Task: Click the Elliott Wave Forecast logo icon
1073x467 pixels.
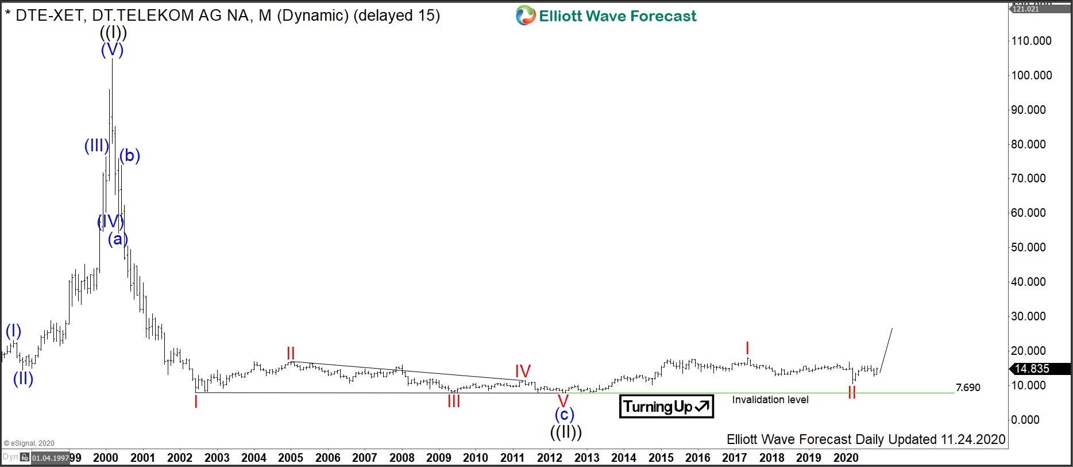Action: pyautogui.click(x=525, y=16)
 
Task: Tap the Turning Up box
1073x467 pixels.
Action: pyautogui.click(x=666, y=407)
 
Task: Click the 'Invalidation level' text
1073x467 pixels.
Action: pyautogui.click(x=770, y=400)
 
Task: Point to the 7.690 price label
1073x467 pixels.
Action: pyautogui.click(x=968, y=388)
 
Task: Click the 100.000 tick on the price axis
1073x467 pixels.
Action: pyautogui.click(x=1032, y=75)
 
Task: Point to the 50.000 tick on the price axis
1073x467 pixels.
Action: pyautogui.click(x=1032, y=247)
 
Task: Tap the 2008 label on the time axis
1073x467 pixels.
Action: pyautogui.click(x=402, y=458)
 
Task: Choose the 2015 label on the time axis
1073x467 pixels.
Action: pyautogui.click(x=661, y=458)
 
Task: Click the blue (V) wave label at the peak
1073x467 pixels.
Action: pyautogui.click(x=112, y=50)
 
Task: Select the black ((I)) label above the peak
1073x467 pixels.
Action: pyautogui.click(x=113, y=33)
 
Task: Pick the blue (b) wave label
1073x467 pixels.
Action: pyautogui.click(x=130, y=155)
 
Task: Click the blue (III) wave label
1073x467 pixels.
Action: pyautogui.click(x=97, y=146)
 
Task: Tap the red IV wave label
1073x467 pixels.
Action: pyautogui.click(x=523, y=371)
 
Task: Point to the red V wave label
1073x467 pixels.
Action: pyautogui.click(x=563, y=401)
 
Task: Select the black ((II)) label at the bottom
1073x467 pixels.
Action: pyautogui.click(x=566, y=431)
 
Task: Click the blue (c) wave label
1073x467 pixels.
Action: pyautogui.click(x=564, y=414)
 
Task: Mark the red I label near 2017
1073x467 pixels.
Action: pyautogui.click(x=747, y=348)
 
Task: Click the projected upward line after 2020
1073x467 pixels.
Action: pyautogui.click(x=886, y=351)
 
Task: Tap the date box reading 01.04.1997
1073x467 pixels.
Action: pyautogui.click(x=51, y=458)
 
